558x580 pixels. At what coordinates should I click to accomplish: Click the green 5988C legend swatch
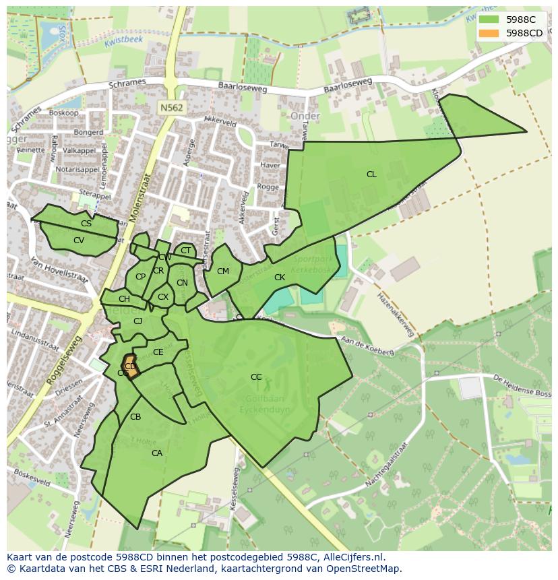pyautogui.click(x=489, y=20)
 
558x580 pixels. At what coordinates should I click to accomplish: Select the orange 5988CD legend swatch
pyautogui.click(x=489, y=33)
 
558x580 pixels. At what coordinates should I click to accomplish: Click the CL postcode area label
pyautogui.click(x=371, y=174)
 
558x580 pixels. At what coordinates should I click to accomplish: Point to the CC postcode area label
pyautogui.click(x=256, y=377)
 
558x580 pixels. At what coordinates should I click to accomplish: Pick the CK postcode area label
pyautogui.click(x=280, y=278)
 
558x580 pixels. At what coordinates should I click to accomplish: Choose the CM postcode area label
pyautogui.click(x=223, y=271)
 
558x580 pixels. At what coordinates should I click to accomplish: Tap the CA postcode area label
pyautogui.click(x=157, y=453)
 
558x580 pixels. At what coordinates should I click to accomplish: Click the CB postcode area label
pyautogui.click(x=135, y=417)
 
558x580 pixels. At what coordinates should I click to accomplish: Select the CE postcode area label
pyautogui.click(x=158, y=352)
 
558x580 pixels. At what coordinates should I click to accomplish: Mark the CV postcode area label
pyautogui.click(x=79, y=240)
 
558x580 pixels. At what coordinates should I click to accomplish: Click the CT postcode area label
pyautogui.click(x=185, y=251)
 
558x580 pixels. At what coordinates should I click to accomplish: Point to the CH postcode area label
pyautogui.click(x=124, y=299)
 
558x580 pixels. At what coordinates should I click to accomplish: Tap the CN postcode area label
pyautogui.click(x=182, y=283)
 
